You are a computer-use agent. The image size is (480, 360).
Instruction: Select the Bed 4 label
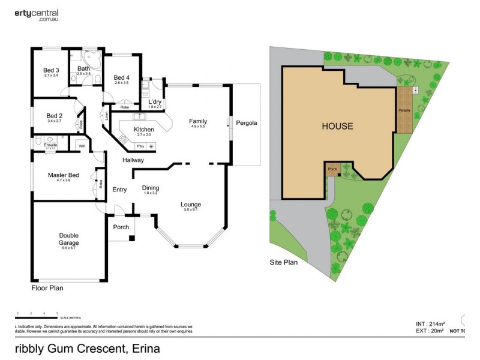pos(121,77)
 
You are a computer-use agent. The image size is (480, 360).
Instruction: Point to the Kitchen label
pos(144,130)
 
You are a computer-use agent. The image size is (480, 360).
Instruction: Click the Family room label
pos(198,121)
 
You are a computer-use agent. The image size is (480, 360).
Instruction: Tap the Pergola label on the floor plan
pos(247,123)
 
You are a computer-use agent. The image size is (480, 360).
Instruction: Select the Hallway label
pos(133,160)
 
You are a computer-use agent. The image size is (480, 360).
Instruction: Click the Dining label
pos(151,188)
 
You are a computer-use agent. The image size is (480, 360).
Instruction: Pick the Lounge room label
pos(191,205)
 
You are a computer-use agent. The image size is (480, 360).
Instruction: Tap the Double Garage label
pos(70,239)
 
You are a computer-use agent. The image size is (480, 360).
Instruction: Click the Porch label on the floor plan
pos(121,227)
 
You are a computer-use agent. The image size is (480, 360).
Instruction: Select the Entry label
pos(119,190)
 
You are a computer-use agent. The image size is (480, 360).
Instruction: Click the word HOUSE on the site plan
pos(337,127)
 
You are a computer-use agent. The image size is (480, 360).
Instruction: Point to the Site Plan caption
pos(283,262)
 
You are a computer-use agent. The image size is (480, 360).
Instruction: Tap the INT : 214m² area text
pos(431,323)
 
